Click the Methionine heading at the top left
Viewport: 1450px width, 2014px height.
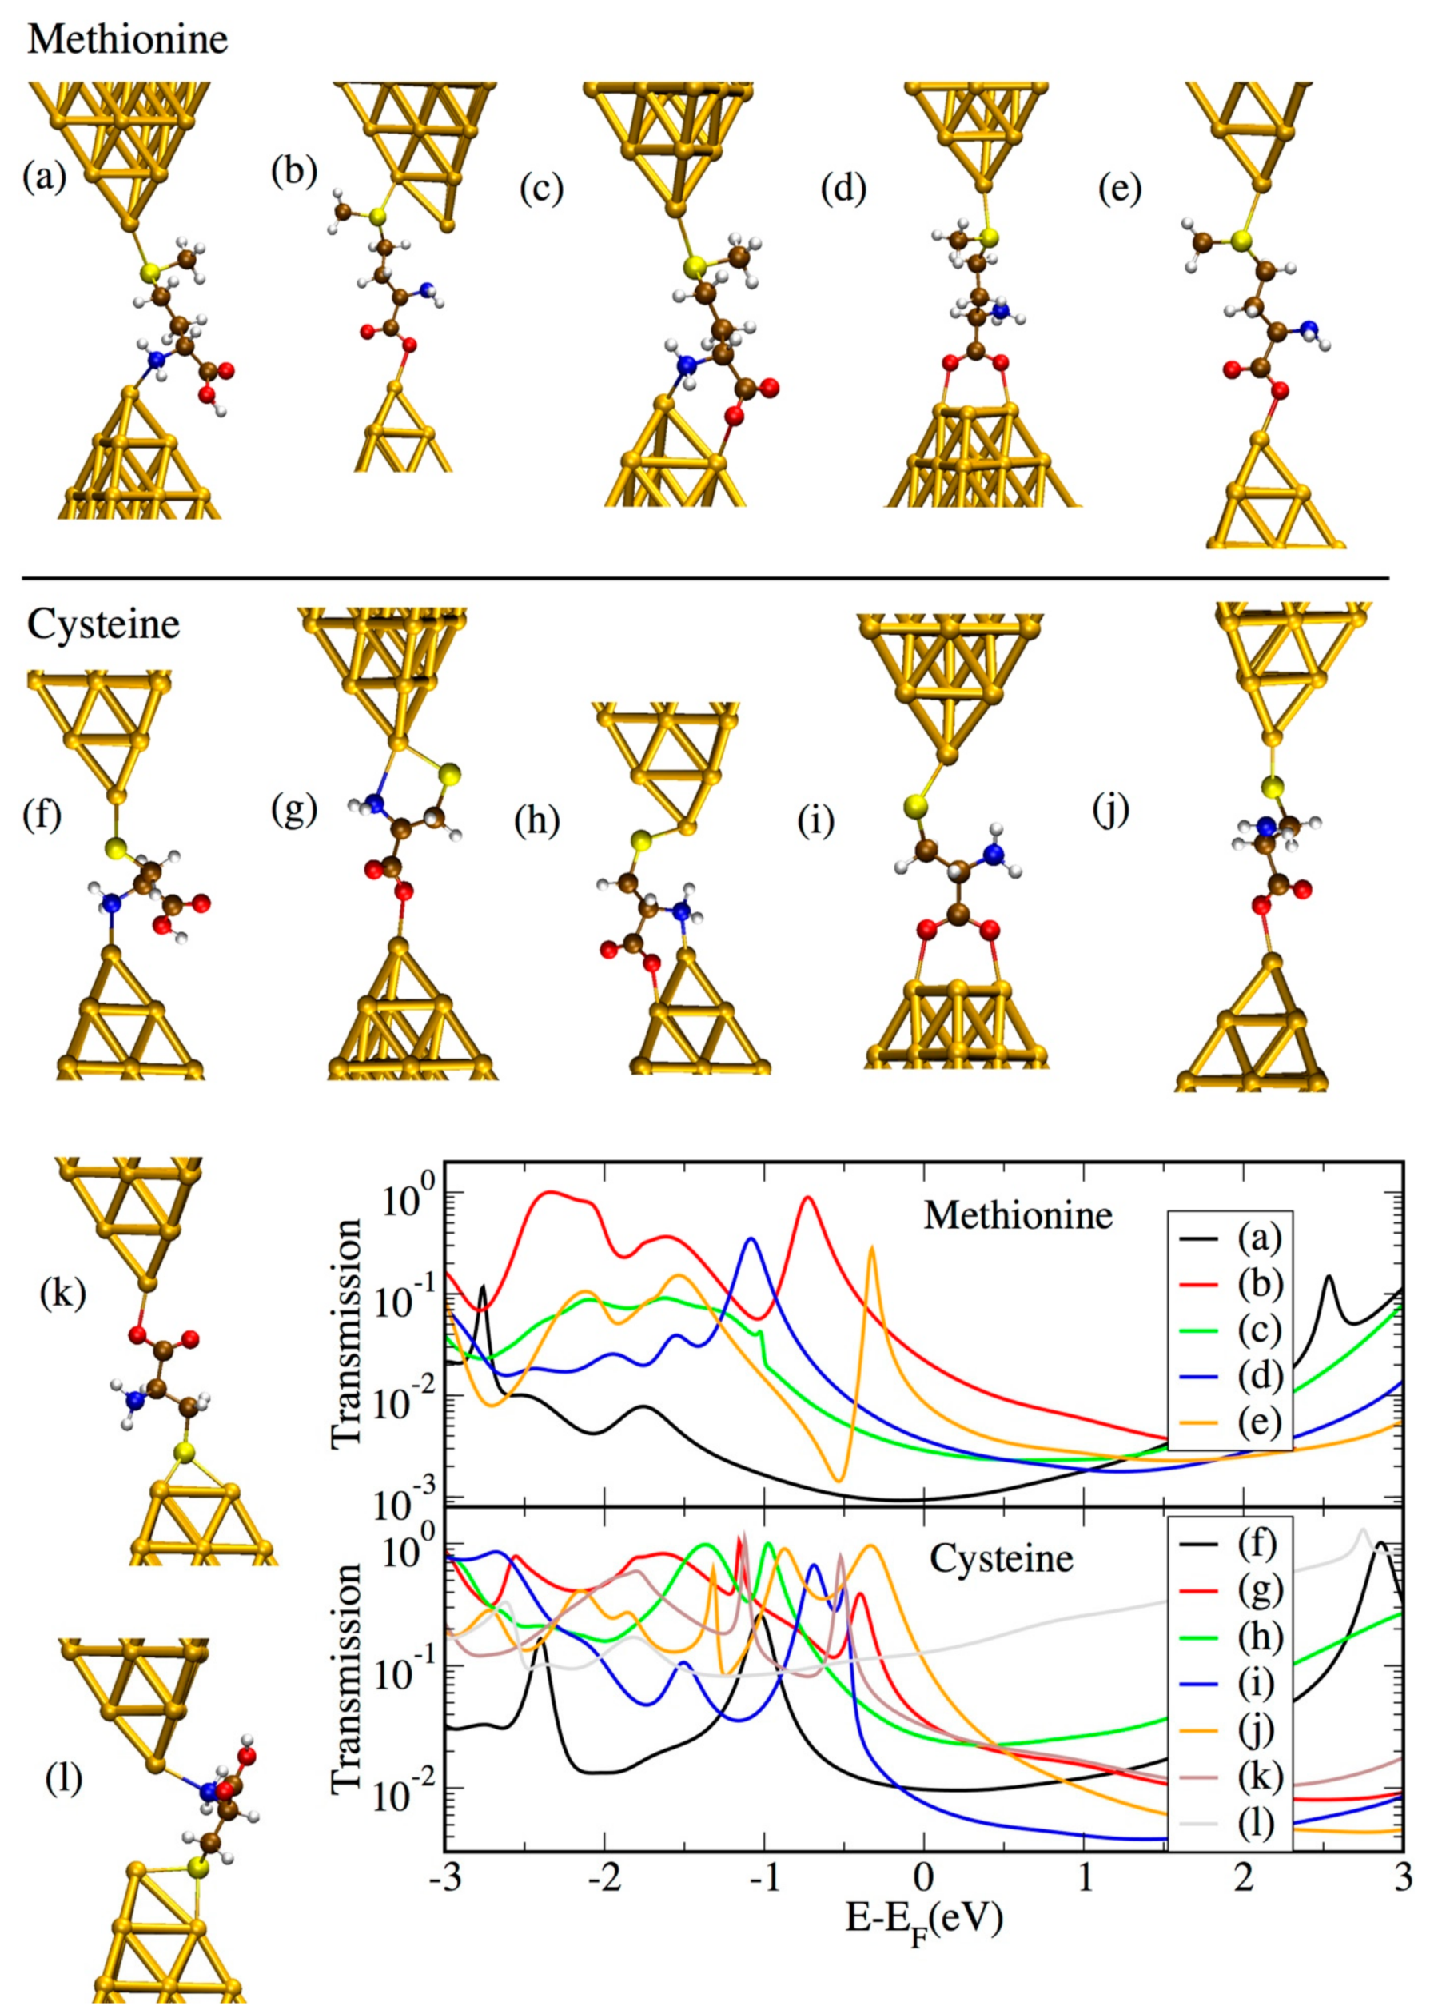[x=127, y=39]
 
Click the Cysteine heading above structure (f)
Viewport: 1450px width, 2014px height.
[x=103, y=625]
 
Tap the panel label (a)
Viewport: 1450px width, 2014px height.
[x=45, y=177]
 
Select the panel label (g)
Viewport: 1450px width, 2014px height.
[x=295, y=811]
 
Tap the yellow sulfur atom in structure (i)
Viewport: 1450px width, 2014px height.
[x=915, y=806]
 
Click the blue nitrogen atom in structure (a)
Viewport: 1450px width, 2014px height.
[x=157, y=360]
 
